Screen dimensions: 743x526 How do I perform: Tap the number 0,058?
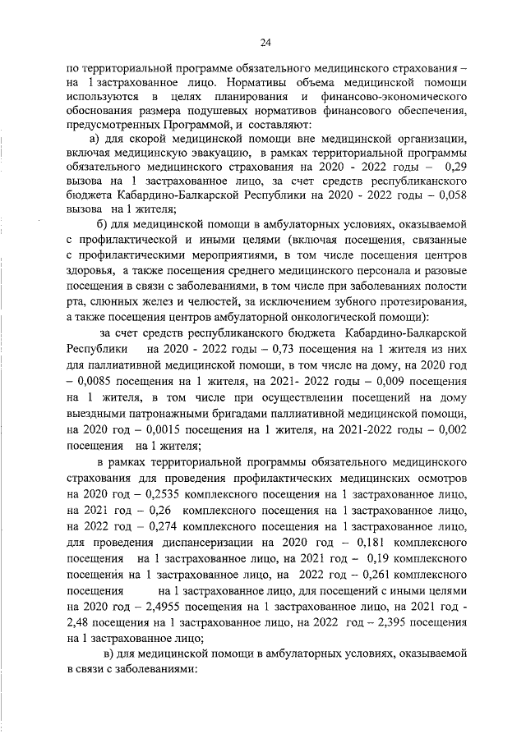coord(451,195)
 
